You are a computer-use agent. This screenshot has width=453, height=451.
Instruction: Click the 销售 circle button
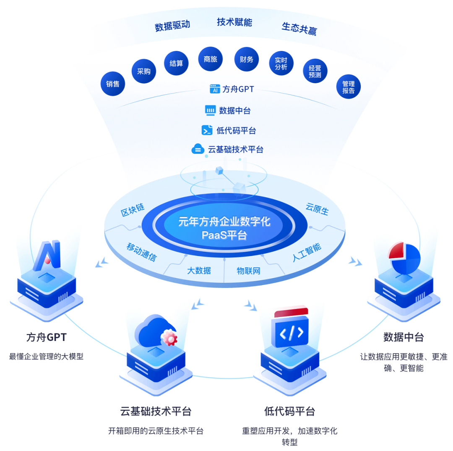coord(113,83)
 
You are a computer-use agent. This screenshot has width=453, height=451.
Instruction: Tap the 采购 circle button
coord(144,71)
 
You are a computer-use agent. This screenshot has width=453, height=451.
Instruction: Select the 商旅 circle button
coord(210,59)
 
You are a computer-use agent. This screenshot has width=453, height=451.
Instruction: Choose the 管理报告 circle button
coord(349,87)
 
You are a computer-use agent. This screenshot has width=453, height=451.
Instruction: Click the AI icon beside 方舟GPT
coord(215,89)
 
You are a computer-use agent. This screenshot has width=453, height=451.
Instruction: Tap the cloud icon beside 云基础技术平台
coord(198,149)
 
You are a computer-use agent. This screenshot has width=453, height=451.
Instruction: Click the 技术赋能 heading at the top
coord(234,22)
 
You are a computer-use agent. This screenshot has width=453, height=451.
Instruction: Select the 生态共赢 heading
coord(299,29)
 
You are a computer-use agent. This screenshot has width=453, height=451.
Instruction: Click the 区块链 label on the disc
coord(133,210)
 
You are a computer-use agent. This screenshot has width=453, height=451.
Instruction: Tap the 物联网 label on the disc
coord(248,271)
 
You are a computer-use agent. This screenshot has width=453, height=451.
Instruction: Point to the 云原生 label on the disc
coord(317,209)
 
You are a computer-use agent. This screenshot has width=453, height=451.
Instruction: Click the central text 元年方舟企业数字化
coord(224,222)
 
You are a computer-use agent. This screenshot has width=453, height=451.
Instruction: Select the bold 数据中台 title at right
coord(404,337)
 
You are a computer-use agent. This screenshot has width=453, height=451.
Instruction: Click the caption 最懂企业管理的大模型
coord(47,357)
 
